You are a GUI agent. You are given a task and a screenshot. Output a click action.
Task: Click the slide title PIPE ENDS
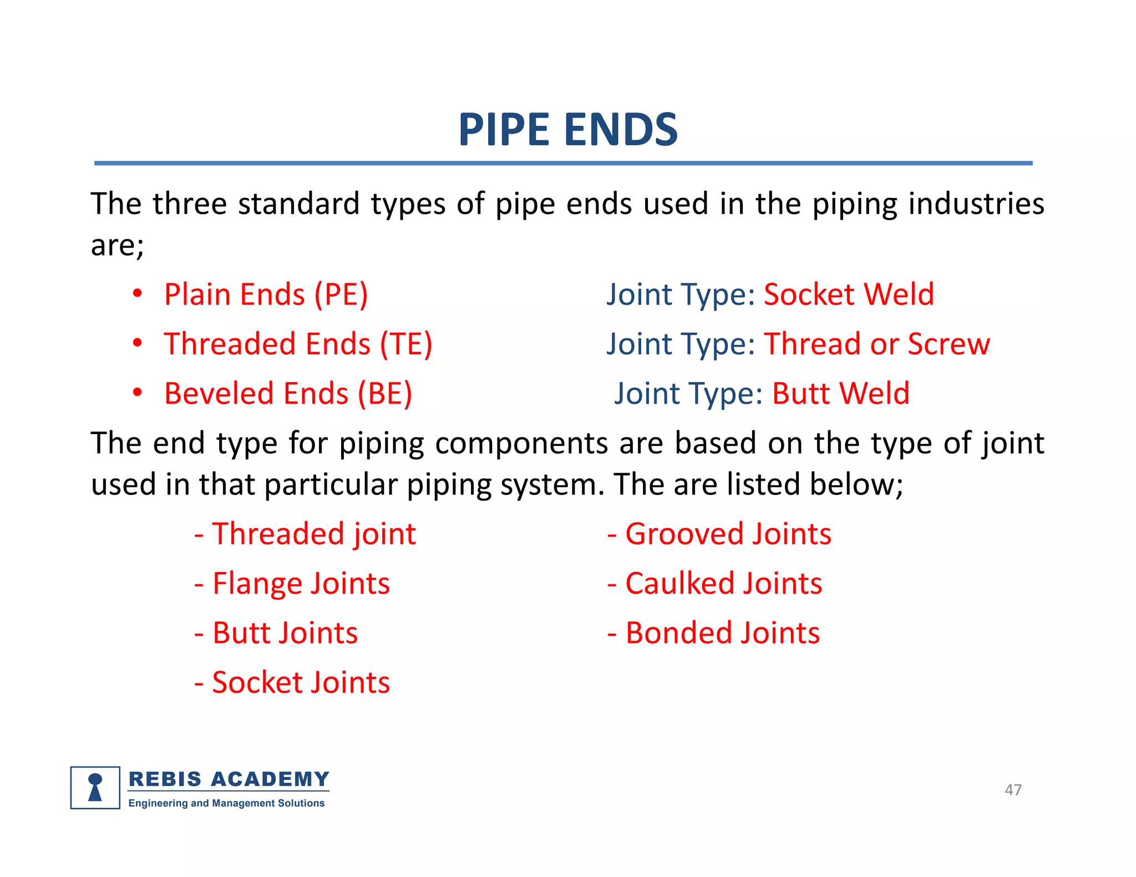[x=567, y=130]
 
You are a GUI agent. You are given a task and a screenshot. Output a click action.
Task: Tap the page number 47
[x=1013, y=789]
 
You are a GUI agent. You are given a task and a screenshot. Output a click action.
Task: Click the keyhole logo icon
[x=95, y=788]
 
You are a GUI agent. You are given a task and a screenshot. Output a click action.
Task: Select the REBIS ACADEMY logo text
[x=229, y=779]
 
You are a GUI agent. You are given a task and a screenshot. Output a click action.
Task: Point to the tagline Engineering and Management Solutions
[x=226, y=803]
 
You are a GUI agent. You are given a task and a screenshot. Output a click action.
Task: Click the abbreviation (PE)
[x=341, y=294]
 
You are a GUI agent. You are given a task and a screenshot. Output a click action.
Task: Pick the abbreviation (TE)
[x=405, y=344]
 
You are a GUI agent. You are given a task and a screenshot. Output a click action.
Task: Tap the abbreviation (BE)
[x=384, y=394]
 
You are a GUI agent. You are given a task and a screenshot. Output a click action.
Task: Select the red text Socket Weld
[x=849, y=294]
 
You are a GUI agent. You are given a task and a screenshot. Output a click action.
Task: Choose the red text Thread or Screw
[x=877, y=344]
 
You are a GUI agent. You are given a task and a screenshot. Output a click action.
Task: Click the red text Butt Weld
[x=841, y=394]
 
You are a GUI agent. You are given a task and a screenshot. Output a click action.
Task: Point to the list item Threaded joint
[x=313, y=534]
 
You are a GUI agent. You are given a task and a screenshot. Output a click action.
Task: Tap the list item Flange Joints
[x=301, y=584]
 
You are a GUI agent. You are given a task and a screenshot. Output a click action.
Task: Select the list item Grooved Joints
[x=728, y=534]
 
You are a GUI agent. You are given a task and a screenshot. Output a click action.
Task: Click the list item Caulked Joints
[x=723, y=584]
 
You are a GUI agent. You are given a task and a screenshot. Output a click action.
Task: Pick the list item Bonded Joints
[x=722, y=633]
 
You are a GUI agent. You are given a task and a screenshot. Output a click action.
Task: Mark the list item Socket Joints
[x=301, y=682]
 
